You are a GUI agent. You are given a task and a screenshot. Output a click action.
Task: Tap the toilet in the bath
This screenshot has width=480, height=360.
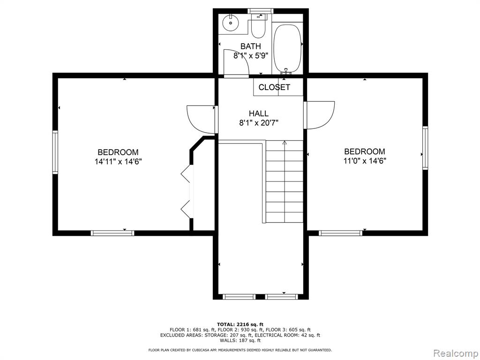pyautogui.click(x=258, y=26)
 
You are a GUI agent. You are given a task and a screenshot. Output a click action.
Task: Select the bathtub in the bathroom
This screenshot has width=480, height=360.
pyautogui.click(x=287, y=49)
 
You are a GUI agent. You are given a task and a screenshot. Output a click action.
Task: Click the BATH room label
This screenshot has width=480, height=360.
pyautogui.click(x=250, y=46)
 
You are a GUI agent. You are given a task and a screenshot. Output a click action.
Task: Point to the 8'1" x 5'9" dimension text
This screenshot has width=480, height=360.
pyautogui.click(x=251, y=56)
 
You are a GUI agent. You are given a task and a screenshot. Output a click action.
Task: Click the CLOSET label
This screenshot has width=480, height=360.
pyautogui.click(x=274, y=87)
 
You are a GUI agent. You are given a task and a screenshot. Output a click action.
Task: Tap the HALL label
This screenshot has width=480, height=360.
pyautogui.click(x=259, y=113)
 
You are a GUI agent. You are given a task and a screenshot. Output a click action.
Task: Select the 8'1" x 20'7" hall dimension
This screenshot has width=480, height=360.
pyautogui.click(x=259, y=123)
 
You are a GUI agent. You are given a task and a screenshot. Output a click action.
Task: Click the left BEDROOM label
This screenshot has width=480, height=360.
pyautogui.click(x=118, y=152)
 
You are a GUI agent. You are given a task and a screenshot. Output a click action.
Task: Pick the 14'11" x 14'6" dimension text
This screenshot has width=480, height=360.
pyautogui.click(x=118, y=161)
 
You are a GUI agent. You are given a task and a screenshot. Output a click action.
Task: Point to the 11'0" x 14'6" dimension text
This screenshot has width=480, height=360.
pyautogui.click(x=365, y=161)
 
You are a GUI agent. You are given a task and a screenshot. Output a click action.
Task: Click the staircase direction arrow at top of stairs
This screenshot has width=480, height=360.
pyautogui.click(x=285, y=142)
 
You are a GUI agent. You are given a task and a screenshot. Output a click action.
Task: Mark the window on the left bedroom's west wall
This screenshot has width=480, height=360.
pyautogui.click(x=55, y=152)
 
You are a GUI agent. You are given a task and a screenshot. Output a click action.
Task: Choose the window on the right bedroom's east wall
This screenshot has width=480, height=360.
pyautogui.click(x=425, y=148)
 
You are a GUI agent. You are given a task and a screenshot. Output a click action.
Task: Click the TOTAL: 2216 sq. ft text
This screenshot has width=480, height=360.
pyautogui.click(x=240, y=324)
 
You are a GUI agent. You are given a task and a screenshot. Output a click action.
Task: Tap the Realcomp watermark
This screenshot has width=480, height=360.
pyautogui.click(x=456, y=353)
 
